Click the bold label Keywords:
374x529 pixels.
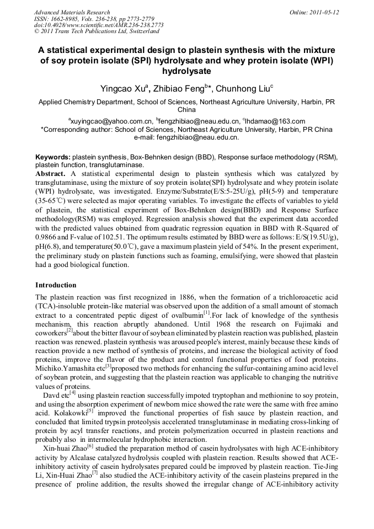pos(53,157)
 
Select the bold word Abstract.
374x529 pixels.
pos(51,173)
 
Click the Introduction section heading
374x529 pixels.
pos(56,285)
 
